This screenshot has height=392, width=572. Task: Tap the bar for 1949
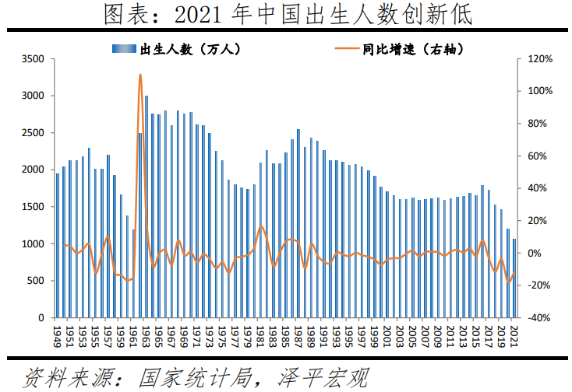tap(57, 245)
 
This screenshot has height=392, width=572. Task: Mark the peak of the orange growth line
tap(140, 75)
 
